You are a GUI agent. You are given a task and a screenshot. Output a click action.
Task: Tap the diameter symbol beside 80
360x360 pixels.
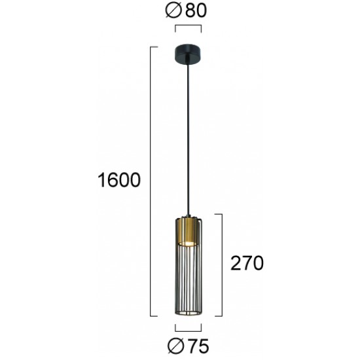[x=175, y=11]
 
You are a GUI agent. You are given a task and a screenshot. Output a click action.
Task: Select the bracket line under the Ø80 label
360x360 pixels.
[x=188, y=27]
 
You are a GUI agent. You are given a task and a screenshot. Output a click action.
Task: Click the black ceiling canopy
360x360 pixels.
[x=188, y=52]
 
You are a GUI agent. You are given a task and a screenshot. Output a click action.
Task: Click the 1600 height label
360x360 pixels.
[x=118, y=179]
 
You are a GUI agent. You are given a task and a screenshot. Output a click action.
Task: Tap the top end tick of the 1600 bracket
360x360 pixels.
[x=156, y=47]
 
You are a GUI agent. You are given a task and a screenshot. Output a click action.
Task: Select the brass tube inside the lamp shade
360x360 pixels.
[x=188, y=229]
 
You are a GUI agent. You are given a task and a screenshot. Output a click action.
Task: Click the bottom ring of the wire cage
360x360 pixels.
[x=188, y=311]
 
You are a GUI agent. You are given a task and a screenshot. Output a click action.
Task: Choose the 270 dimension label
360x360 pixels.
[x=245, y=263]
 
